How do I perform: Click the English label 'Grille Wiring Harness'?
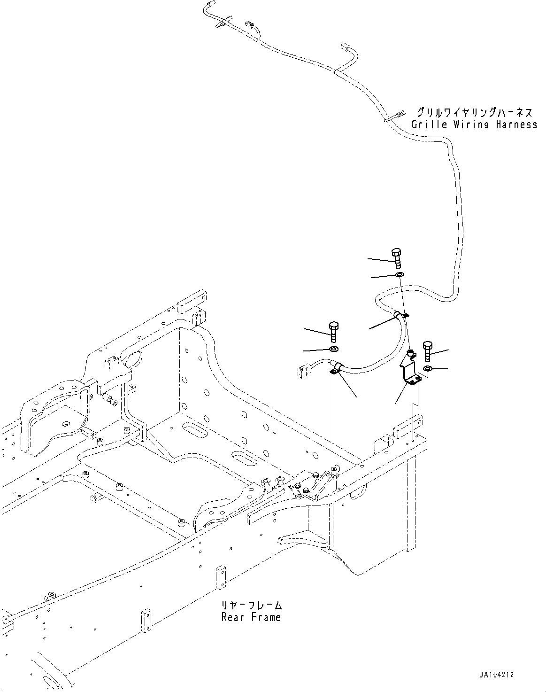tap(474, 125)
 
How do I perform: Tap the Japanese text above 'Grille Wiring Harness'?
tap(475, 113)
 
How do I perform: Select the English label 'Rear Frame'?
tap(251, 617)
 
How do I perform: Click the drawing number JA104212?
tap(497, 675)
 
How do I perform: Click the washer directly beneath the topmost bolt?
tap(399, 274)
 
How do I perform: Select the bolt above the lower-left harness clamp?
tap(334, 331)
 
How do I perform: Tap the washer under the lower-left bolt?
tap(334, 349)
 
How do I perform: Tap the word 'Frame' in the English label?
tap(267, 617)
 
